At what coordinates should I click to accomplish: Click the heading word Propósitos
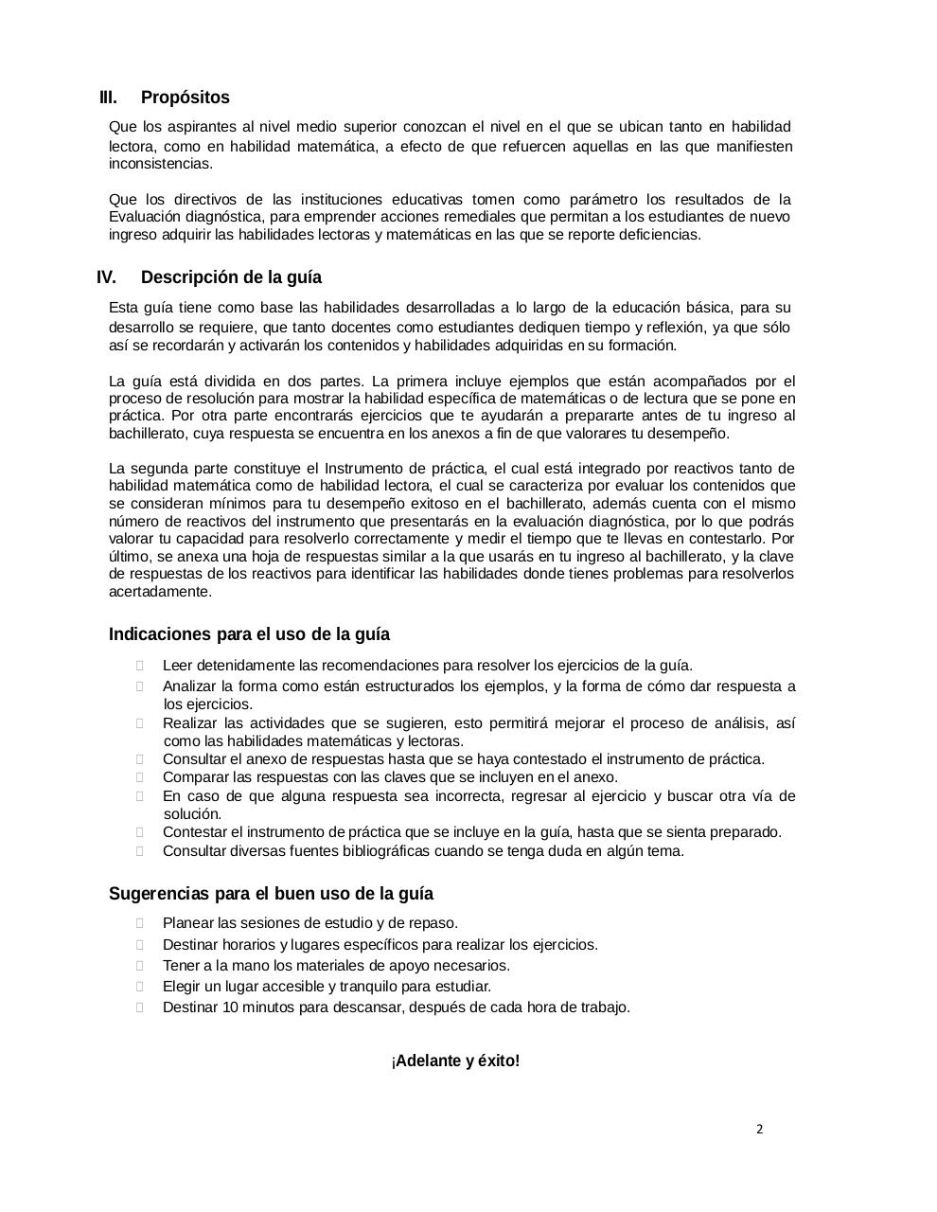coord(185,98)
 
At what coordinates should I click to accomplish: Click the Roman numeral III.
coord(109,98)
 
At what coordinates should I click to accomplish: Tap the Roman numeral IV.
coord(106,277)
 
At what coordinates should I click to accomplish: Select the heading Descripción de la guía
coord(231,277)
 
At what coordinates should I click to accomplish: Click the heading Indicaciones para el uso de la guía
coord(249,634)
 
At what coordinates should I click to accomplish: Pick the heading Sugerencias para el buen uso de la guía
coord(271,894)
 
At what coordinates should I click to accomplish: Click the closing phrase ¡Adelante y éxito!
coord(455,1060)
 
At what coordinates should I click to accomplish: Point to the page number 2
coord(759,1129)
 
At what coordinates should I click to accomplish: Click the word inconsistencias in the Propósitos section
coord(160,164)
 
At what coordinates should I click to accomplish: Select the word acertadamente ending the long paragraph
coord(159,592)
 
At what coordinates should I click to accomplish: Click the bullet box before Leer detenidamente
coord(140,666)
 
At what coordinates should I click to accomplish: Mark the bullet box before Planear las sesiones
coord(140,923)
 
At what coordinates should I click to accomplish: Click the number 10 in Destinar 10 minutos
coord(230,1007)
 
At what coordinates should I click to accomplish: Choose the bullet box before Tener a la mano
coord(140,966)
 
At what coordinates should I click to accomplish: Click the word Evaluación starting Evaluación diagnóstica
coord(147,217)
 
